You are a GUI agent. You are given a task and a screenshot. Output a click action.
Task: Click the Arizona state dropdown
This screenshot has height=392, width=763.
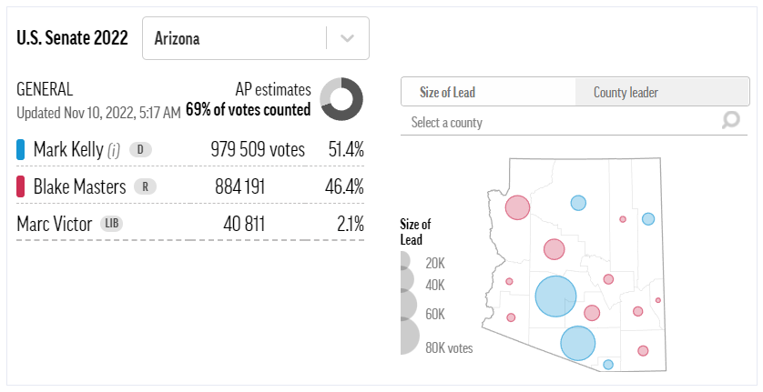click(x=255, y=39)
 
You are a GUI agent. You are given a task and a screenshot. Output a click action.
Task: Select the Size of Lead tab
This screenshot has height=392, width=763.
click(x=447, y=92)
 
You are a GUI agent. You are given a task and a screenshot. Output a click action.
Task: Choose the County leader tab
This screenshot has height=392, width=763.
click(x=626, y=92)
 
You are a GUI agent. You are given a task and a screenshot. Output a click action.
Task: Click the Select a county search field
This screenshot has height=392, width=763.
click(x=555, y=122)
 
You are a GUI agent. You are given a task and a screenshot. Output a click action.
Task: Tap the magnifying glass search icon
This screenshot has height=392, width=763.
click(x=730, y=120)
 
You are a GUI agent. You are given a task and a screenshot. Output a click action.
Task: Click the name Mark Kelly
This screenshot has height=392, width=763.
click(x=68, y=149)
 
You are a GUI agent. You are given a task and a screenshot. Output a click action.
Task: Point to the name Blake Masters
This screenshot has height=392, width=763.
click(x=79, y=186)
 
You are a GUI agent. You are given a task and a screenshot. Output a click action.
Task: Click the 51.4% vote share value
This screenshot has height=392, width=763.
click(x=346, y=149)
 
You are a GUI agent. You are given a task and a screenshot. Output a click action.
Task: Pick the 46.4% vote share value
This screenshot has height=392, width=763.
click(x=346, y=186)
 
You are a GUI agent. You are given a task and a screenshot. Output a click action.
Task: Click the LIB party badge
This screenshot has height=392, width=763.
click(x=111, y=223)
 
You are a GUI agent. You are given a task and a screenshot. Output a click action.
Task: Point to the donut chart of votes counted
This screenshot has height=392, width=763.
click(x=341, y=98)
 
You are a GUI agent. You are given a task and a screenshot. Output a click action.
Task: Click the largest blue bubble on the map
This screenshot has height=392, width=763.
click(x=555, y=296)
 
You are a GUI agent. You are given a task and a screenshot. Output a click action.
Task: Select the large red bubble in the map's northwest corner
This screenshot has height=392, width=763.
click(x=517, y=207)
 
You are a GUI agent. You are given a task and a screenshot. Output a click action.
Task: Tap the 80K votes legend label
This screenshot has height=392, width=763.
click(x=449, y=347)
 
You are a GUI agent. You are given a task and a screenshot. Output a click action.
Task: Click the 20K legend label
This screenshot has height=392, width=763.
click(x=435, y=263)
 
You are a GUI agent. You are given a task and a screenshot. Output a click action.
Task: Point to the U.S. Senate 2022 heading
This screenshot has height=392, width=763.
click(x=73, y=38)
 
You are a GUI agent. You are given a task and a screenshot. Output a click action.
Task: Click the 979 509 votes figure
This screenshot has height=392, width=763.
click(x=258, y=149)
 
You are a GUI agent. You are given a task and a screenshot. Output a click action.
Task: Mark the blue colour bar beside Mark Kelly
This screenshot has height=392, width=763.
click(x=20, y=149)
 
